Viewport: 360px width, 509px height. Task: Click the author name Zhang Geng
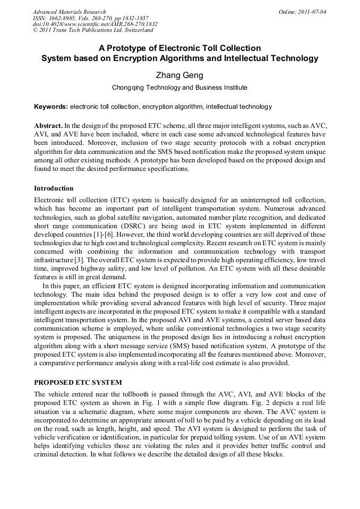pyautogui.click(x=179, y=75)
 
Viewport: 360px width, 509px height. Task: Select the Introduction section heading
pyautogui.click(x=54, y=188)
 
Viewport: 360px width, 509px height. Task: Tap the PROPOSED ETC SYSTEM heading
pyautogui.click(x=78, y=383)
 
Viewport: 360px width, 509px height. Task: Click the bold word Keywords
pyautogui.click(x=50, y=107)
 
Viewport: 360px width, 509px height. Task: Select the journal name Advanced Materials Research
pyautogui.click(x=69, y=11)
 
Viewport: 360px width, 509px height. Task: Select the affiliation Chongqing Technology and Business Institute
pyautogui.click(x=179, y=88)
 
